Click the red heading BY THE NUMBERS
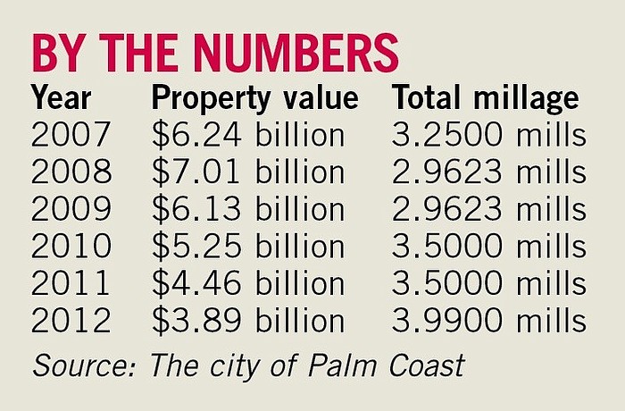click(x=214, y=53)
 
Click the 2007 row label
click(x=72, y=135)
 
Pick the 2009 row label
click(x=72, y=209)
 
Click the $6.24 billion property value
click(x=248, y=135)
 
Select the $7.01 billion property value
click(x=248, y=172)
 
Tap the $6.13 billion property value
click(x=248, y=209)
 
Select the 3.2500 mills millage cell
click(x=488, y=135)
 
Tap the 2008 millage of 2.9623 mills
click(x=488, y=172)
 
